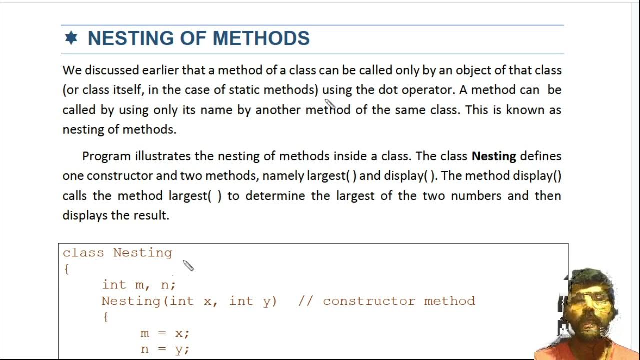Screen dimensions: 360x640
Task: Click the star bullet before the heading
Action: pos(71,38)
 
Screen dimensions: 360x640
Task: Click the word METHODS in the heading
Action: pos(261,38)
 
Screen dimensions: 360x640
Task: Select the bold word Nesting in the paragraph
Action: pos(494,156)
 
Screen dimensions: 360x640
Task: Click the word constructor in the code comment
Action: pos(370,301)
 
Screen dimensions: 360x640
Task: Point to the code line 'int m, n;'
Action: pos(139,285)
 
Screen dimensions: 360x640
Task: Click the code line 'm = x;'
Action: pos(165,333)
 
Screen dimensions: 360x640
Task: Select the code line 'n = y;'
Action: pos(165,349)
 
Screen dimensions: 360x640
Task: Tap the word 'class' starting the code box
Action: pos(83,253)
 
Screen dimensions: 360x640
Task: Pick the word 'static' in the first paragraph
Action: pos(244,90)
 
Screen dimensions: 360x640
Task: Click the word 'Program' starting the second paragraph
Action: pos(107,156)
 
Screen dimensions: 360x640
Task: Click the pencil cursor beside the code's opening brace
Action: pos(188,266)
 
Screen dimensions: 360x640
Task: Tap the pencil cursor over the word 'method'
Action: pos(330,105)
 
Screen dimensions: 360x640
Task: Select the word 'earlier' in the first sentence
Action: pos(160,70)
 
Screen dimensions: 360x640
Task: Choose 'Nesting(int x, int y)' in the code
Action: pos(189,301)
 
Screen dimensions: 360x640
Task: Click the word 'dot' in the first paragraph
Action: pos(384,90)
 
